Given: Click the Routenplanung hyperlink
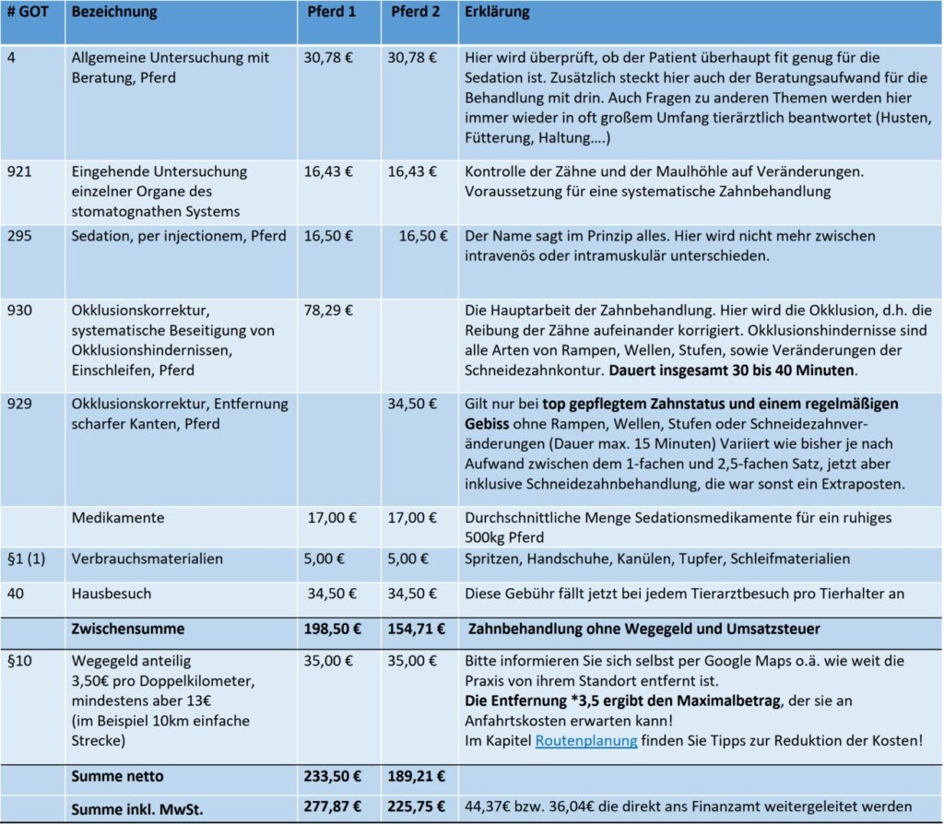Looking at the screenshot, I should click(585, 740).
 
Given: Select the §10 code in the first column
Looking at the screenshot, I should click(18, 661).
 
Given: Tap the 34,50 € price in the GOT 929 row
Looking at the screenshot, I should click(410, 404).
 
